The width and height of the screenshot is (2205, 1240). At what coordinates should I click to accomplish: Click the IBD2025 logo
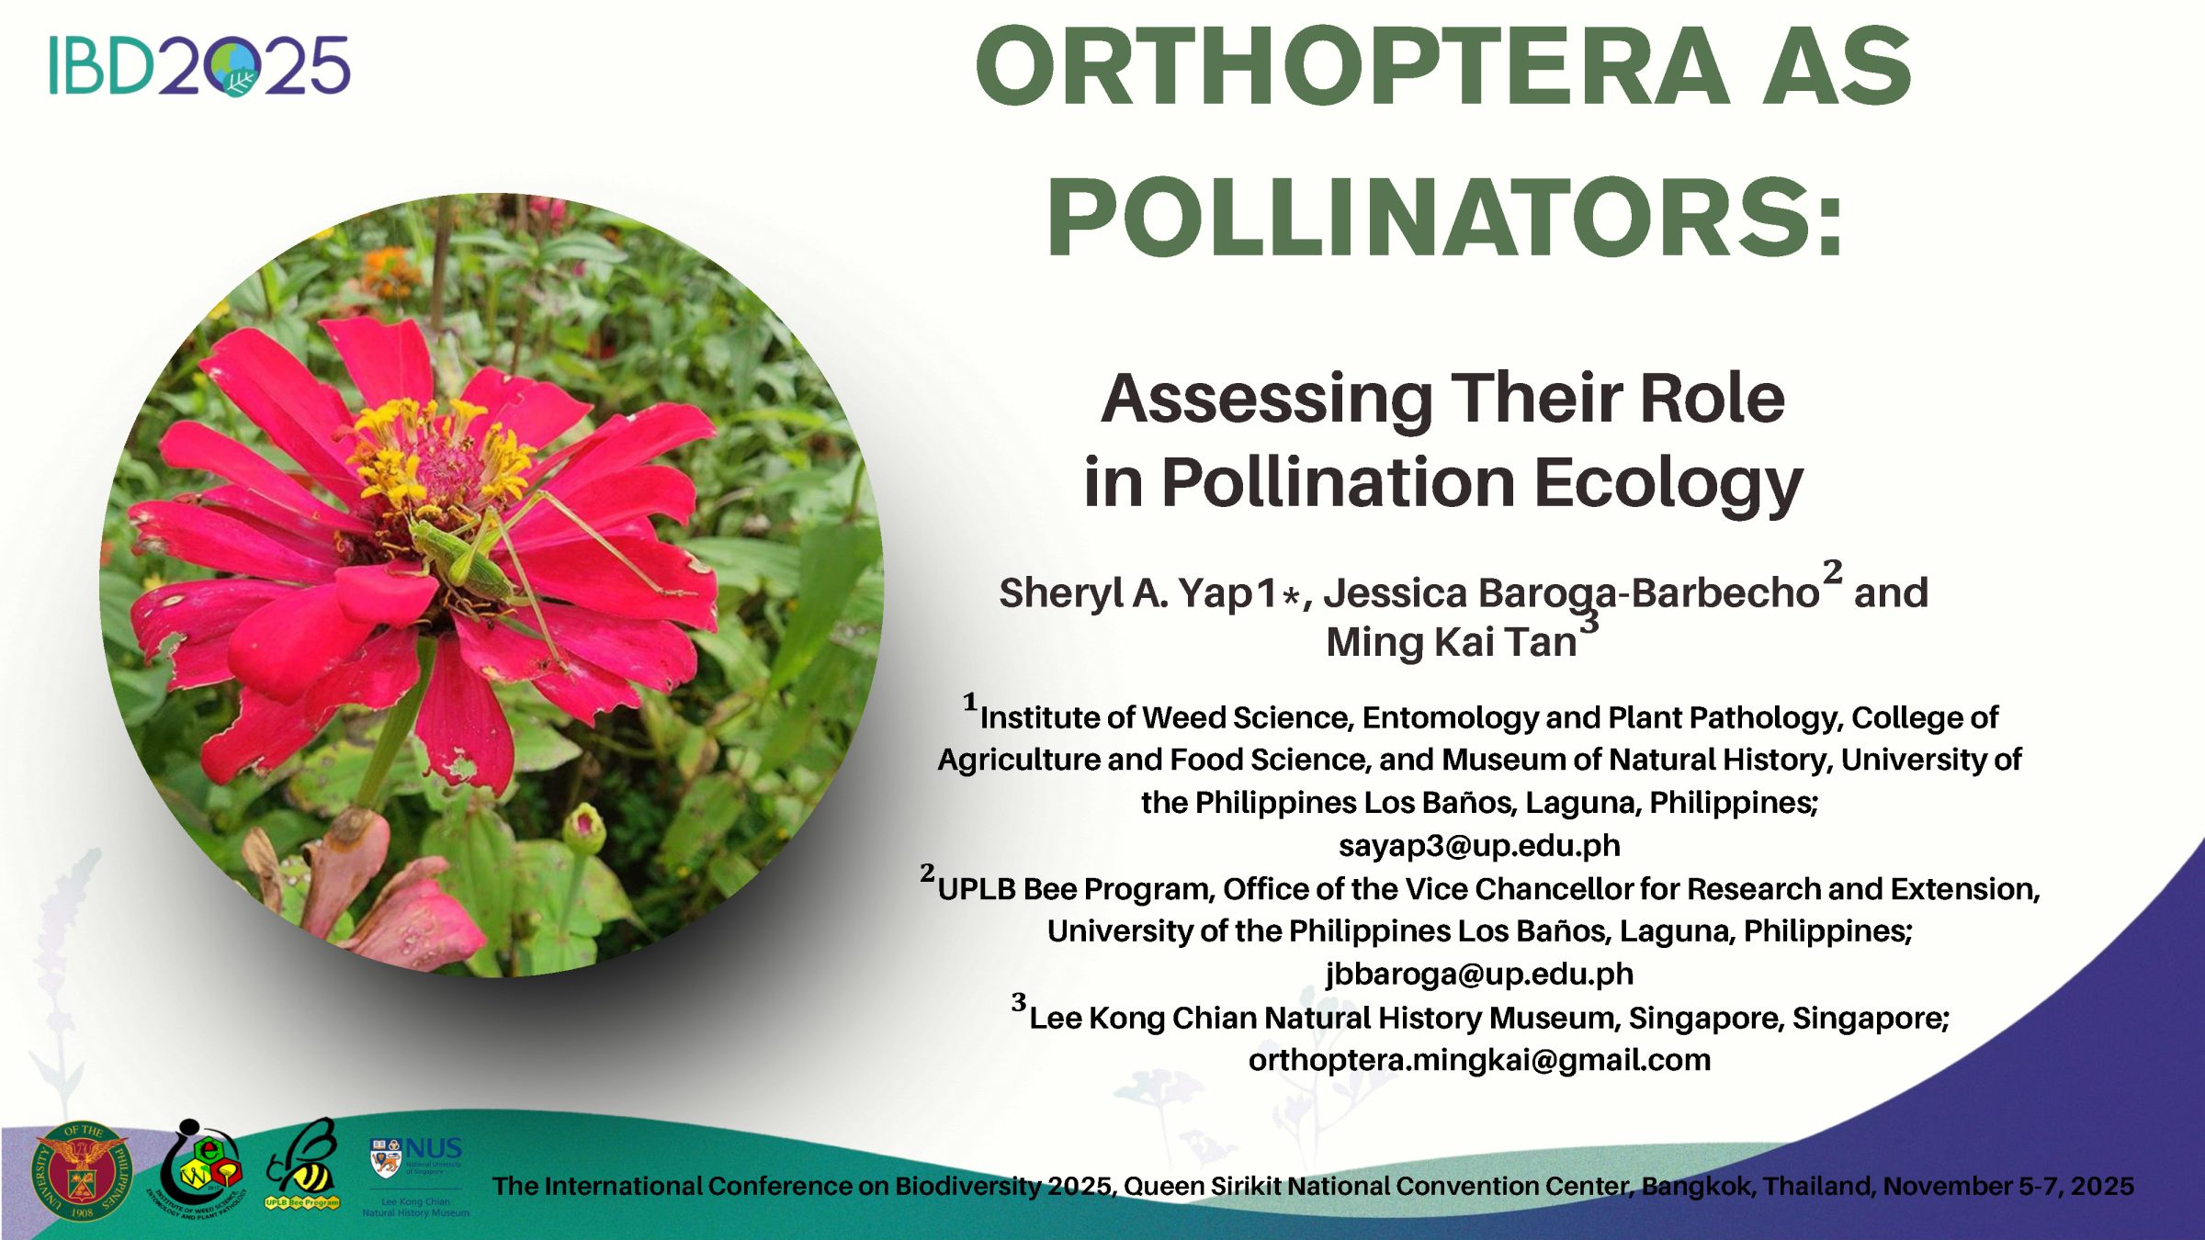click(x=199, y=66)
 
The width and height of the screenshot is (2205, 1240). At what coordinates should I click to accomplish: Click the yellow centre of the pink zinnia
click(x=441, y=459)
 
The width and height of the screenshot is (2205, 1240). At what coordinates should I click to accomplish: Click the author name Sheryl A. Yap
click(x=1137, y=593)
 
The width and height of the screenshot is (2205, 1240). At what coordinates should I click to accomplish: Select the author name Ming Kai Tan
click(x=1452, y=642)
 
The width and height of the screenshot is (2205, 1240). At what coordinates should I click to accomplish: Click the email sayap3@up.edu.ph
click(x=1479, y=846)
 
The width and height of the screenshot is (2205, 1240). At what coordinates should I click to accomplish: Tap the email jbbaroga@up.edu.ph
click(x=1479, y=975)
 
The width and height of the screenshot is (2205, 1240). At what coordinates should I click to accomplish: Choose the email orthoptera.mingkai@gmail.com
click(x=1479, y=1061)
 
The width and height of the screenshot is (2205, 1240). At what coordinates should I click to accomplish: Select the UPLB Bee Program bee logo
click(x=302, y=1165)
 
